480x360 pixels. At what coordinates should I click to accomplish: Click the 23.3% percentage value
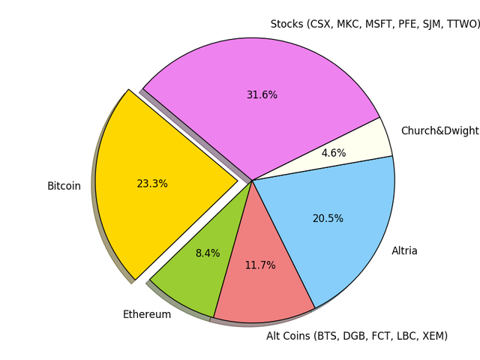152,184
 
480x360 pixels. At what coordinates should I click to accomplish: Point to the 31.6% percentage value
262,95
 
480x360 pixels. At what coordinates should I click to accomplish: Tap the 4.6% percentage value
334,153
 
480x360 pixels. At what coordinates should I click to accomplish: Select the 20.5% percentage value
328,219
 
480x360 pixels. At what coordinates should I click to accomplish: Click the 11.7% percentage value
260,265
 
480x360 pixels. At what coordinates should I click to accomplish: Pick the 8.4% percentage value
208,253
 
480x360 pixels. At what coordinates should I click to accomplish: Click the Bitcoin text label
64,186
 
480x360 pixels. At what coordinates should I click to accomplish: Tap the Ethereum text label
147,315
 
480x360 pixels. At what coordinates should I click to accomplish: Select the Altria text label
404,251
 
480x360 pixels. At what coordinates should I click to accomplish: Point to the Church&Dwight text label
439,131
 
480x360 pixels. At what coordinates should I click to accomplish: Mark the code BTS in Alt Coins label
328,336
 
